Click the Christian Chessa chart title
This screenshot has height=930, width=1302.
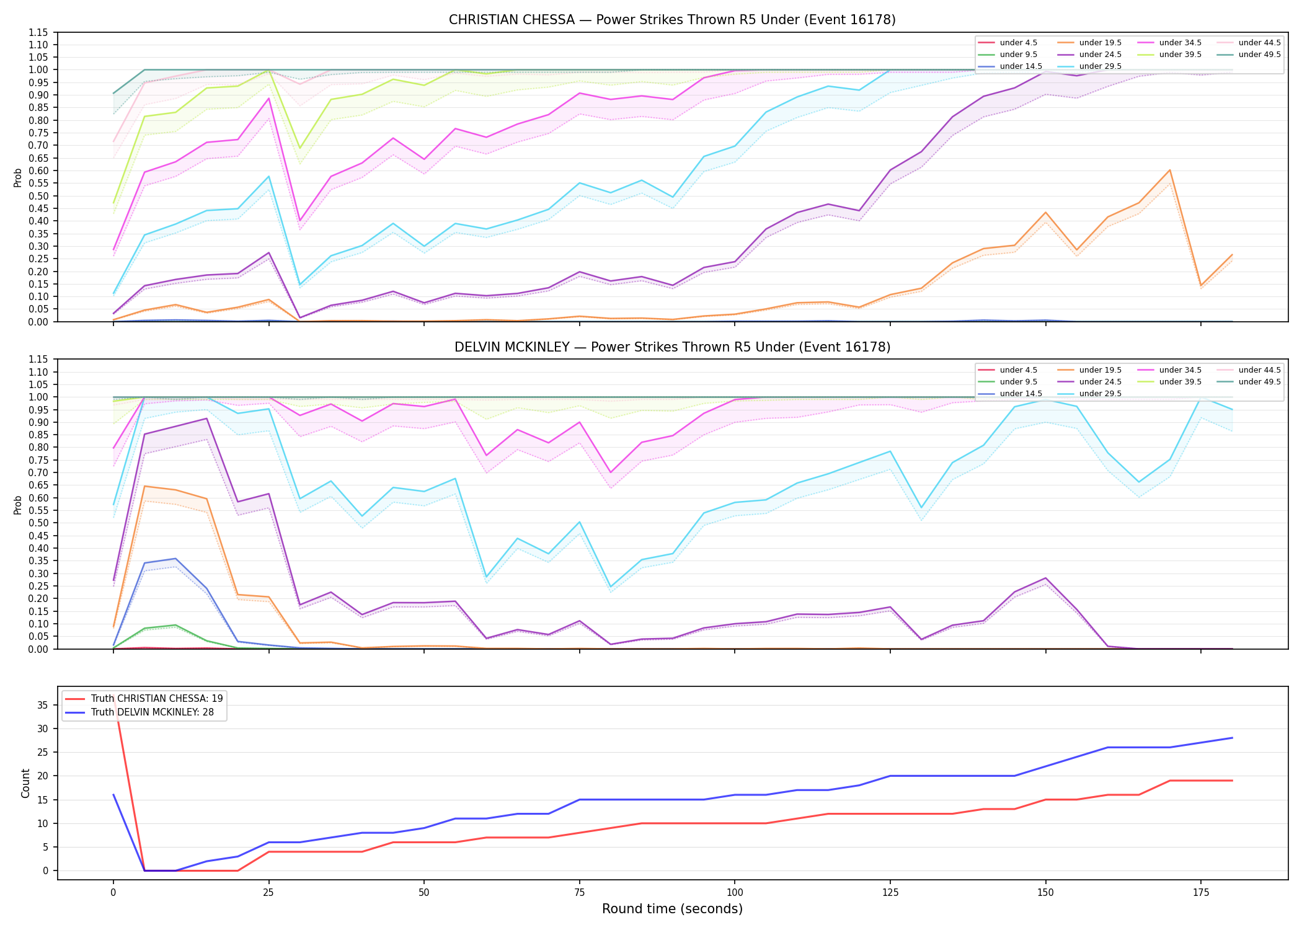(672, 20)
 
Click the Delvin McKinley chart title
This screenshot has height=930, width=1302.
(672, 347)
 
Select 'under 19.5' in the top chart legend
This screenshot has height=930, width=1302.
(1100, 43)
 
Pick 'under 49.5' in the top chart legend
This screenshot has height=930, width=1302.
(1259, 55)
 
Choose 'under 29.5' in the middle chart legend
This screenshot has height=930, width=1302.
(1100, 394)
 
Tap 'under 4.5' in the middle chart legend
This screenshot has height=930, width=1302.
(1018, 370)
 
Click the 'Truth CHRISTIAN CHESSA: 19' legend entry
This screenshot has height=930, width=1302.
(157, 699)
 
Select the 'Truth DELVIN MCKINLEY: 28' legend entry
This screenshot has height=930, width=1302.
(153, 712)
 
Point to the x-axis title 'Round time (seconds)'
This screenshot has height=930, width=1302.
(672, 909)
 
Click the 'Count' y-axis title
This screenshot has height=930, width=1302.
(25, 783)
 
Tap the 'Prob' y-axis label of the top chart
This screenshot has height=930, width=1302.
(18, 177)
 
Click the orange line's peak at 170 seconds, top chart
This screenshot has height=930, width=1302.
(1169, 170)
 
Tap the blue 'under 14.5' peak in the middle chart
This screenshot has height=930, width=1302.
(175, 559)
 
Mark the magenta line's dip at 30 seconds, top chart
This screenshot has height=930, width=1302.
(300, 221)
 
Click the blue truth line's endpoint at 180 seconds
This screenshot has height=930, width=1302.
(1232, 738)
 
